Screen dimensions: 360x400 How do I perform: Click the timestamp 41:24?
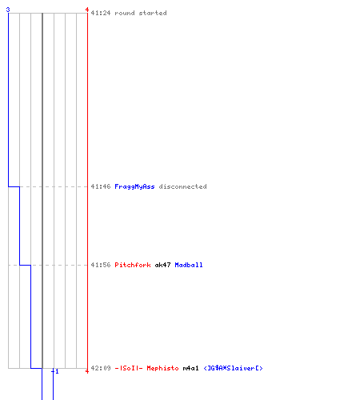(x=101, y=13)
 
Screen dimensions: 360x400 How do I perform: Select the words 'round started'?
(x=141, y=13)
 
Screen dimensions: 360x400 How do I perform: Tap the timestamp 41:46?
(x=101, y=186)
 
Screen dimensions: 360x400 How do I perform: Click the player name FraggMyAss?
(x=134, y=186)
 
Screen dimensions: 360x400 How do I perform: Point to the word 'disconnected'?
(x=182, y=186)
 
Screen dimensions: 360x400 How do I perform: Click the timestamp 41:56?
(x=101, y=265)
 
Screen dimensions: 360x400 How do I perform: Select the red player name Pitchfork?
(x=133, y=265)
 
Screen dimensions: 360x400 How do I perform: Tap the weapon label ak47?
(x=162, y=265)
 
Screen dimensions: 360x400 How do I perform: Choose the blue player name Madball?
(x=189, y=265)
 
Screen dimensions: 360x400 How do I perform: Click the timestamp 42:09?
(x=101, y=368)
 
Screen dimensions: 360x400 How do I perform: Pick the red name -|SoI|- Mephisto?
(x=146, y=368)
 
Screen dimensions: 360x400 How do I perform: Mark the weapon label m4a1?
(x=190, y=368)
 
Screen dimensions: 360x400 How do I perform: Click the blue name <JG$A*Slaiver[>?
(x=233, y=368)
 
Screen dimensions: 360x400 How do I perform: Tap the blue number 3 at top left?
(x=8, y=10)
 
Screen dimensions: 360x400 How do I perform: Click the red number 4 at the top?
(x=87, y=10)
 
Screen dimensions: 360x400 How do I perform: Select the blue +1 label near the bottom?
(x=55, y=371)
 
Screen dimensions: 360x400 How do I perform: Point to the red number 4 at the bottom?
(x=87, y=371)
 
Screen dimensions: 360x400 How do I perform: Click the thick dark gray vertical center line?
(x=42, y=190)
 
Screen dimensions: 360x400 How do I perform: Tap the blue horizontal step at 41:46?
(x=14, y=186)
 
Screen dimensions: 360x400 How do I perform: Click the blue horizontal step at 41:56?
(x=25, y=265)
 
